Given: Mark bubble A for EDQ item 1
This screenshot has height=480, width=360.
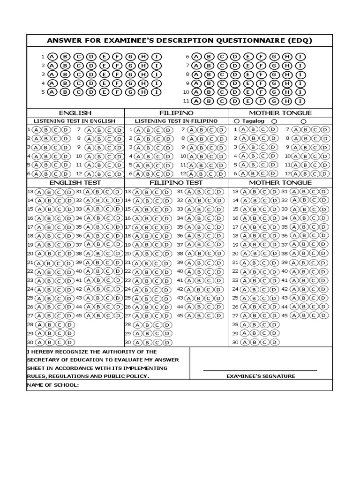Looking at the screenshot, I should click(x=52, y=56).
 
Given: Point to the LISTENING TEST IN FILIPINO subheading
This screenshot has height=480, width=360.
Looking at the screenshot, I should click(x=176, y=121).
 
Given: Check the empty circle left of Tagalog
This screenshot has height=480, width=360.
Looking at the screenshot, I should click(x=237, y=121).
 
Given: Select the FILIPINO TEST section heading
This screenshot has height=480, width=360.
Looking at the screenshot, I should click(x=176, y=182).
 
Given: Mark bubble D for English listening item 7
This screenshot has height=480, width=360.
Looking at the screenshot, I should click(x=120, y=130).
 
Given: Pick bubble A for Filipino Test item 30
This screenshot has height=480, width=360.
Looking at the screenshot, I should click(x=137, y=342).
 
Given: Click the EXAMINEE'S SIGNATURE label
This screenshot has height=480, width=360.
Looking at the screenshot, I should click(x=261, y=376).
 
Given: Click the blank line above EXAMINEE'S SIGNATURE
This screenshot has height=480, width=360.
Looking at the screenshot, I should click(x=260, y=370).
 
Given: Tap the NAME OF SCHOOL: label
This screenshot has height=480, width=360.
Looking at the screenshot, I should click(x=53, y=385).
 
